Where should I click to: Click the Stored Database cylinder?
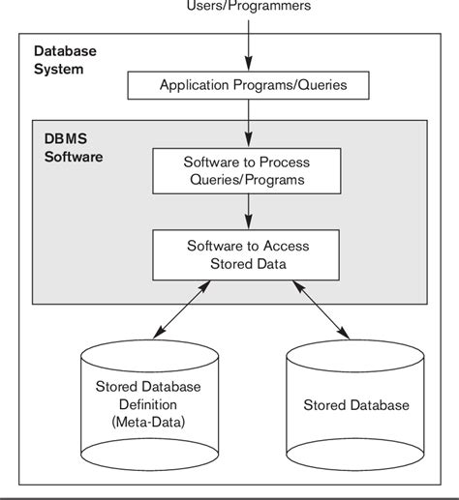(x=355, y=404)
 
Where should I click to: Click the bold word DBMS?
(x=64, y=137)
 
